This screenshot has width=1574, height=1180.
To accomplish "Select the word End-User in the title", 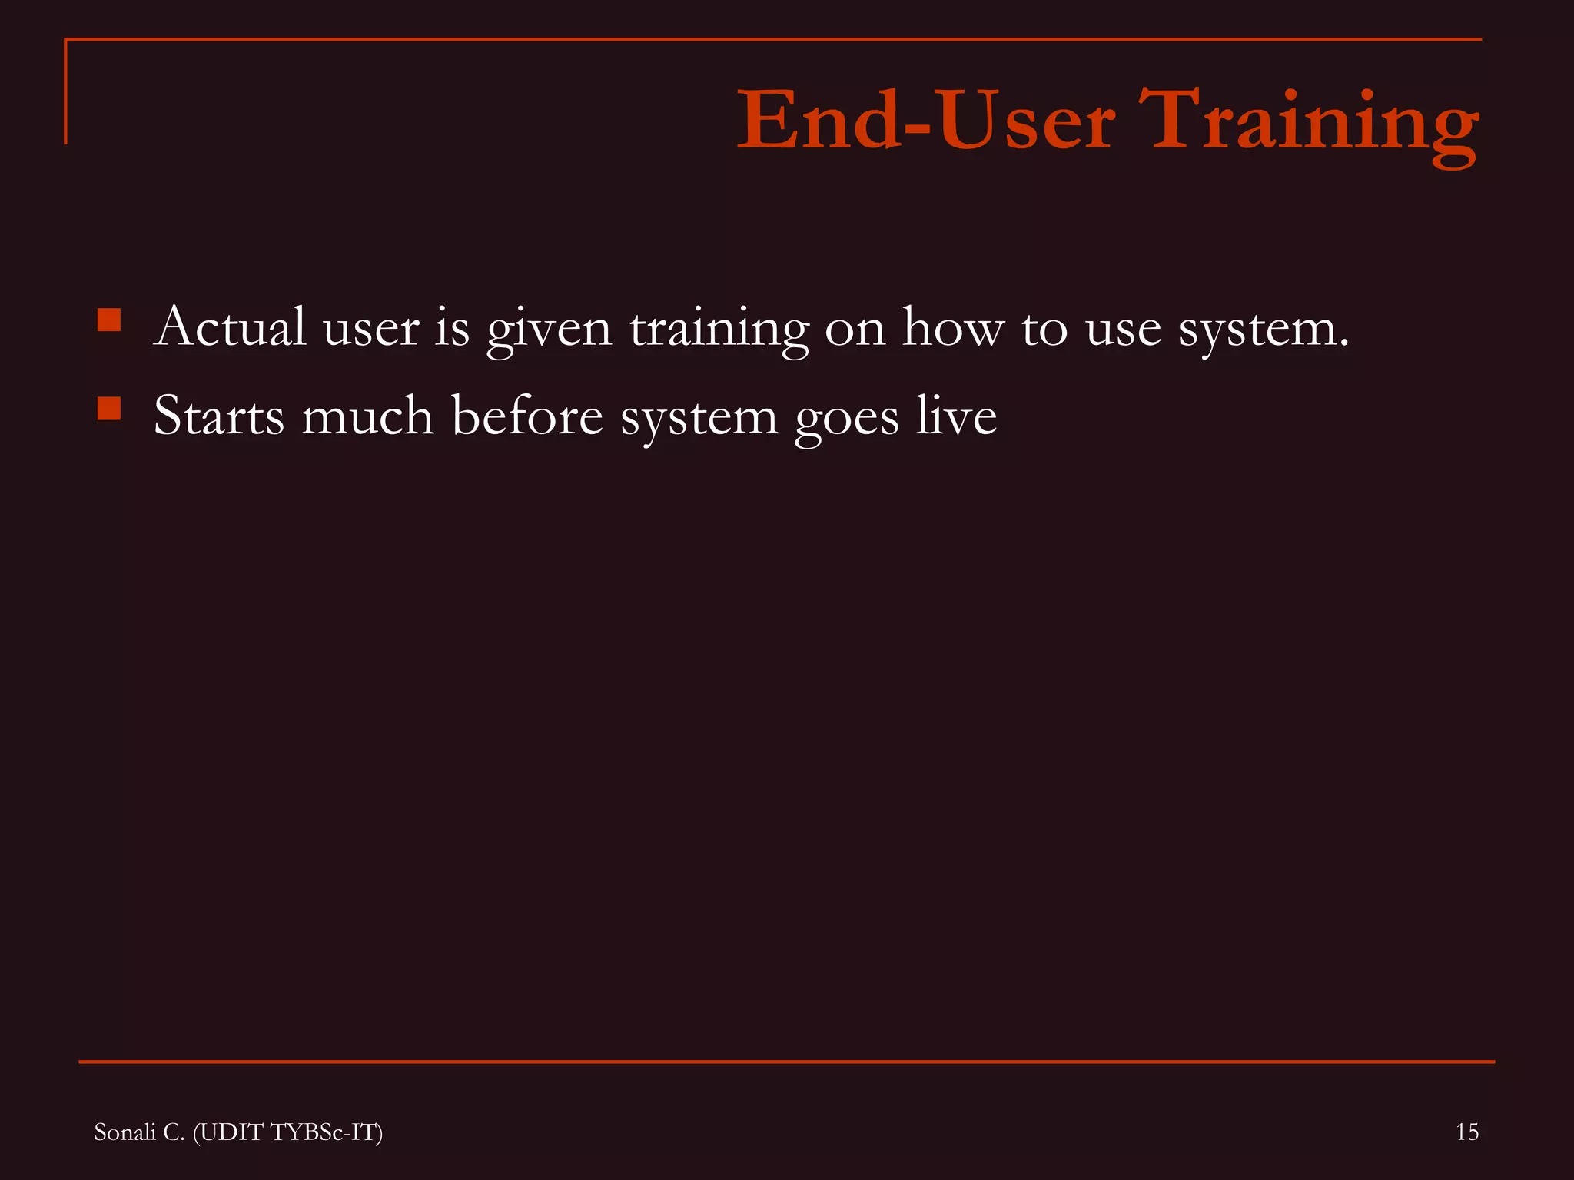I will (x=925, y=121).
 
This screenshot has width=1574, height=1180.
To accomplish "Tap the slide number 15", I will (x=1466, y=1132).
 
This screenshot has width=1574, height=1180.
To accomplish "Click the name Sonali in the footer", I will (x=125, y=1132).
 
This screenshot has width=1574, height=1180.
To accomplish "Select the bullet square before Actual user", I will (x=109, y=320).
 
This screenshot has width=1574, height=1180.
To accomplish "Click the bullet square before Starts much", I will (x=109, y=408).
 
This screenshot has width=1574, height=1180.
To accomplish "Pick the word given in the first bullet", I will (x=549, y=329).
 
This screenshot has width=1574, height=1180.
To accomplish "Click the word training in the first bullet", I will (x=719, y=329).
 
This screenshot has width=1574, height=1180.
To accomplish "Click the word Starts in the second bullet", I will (x=219, y=416).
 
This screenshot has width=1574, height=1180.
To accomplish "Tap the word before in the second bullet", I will (x=526, y=416).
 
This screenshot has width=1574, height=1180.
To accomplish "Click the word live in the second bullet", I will (x=956, y=416).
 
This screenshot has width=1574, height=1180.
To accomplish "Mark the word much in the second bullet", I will (x=367, y=416).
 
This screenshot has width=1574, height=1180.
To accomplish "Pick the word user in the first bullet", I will (x=370, y=329).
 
